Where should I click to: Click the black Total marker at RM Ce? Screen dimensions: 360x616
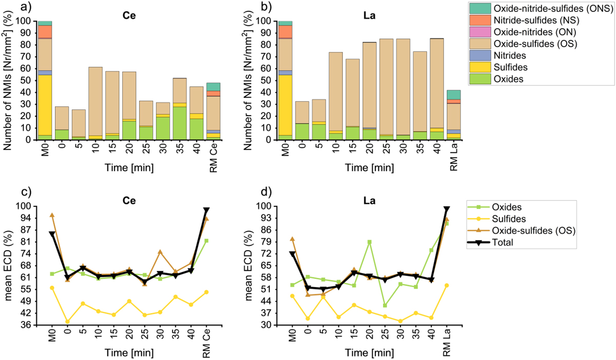(206, 211)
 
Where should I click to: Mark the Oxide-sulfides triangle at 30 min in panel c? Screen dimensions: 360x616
(160, 252)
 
